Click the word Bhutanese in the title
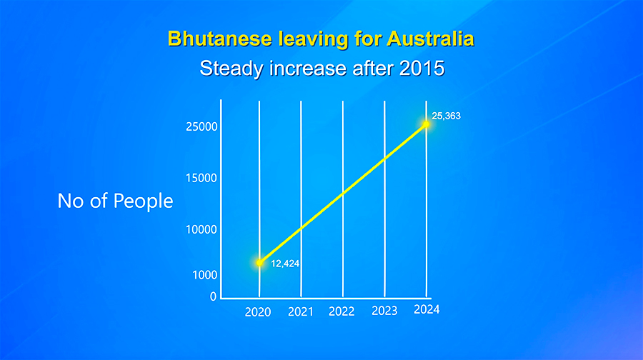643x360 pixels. click(220, 39)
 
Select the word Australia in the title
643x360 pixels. click(430, 39)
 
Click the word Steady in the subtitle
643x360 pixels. click(231, 69)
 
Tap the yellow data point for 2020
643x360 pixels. click(259, 263)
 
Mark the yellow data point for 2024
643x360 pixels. click(426, 124)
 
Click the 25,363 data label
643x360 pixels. click(446, 116)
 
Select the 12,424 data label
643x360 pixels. click(285, 264)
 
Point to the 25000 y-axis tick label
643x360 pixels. click(201, 126)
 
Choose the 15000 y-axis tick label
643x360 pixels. click(201, 178)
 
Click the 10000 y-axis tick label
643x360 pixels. click(201, 229)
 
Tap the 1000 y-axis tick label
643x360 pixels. click(204, 275)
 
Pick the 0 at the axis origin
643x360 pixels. click(213, 296)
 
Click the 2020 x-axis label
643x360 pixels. click(258, 312)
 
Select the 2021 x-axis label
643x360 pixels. click(301, 312)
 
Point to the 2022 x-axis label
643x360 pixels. click(342, 311)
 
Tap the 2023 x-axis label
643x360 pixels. click(384, 311)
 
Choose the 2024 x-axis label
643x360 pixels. click(427, 309)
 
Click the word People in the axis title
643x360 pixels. click(143, 201)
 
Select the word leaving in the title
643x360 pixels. click(314, 40)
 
